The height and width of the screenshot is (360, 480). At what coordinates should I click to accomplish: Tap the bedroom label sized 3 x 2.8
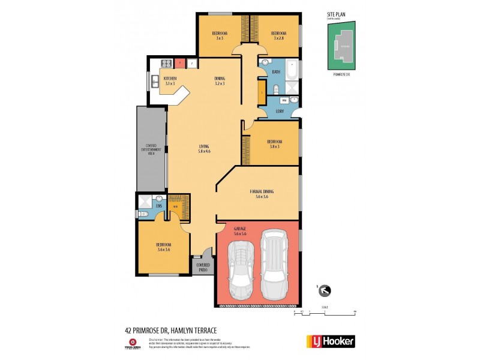click(x=278, y=35)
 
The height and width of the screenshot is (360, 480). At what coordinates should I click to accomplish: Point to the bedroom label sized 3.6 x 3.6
click(x=164, y=247)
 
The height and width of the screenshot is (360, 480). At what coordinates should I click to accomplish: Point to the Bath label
click(x=276, y=72)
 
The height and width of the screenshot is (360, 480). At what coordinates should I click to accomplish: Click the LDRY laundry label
click(x=279, y=111)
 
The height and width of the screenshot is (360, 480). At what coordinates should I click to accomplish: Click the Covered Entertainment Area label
click(x=151, y=149)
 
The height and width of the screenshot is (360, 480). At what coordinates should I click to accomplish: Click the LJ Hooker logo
click(x=331, y=341)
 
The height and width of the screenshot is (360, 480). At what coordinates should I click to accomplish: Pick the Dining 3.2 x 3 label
click(x=220, y=81)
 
